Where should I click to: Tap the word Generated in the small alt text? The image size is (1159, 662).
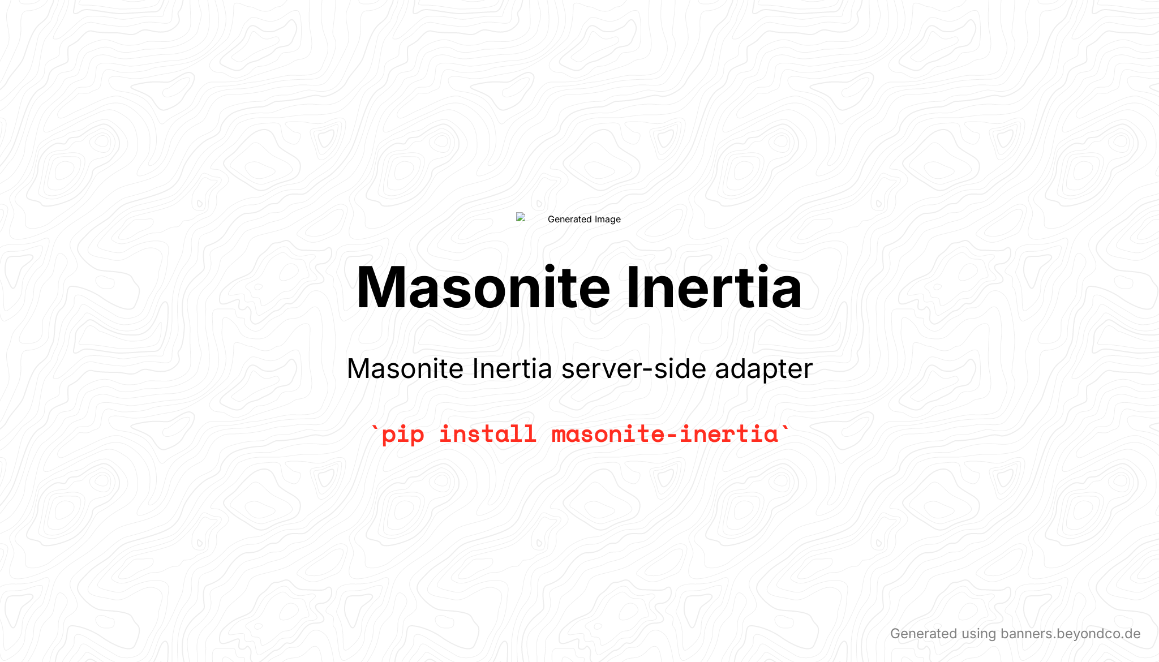[x=569, y=220]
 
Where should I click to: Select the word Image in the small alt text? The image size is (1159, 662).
[x=607, y=220]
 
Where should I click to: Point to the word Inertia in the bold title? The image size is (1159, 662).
[x=714, y=287]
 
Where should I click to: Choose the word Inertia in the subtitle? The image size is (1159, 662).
[x=512, y=368]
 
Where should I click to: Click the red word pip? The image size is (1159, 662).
[x=403, y=435]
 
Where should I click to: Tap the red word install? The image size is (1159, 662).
[x=488, y=434]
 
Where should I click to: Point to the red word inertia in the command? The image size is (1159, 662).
[x=729, y=434]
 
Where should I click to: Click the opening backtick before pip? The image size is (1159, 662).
[x=374, y=429]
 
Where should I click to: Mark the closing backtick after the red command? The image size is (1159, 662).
[x=785, y=429]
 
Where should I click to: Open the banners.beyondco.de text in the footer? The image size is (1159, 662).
[x=1071, y=634]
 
